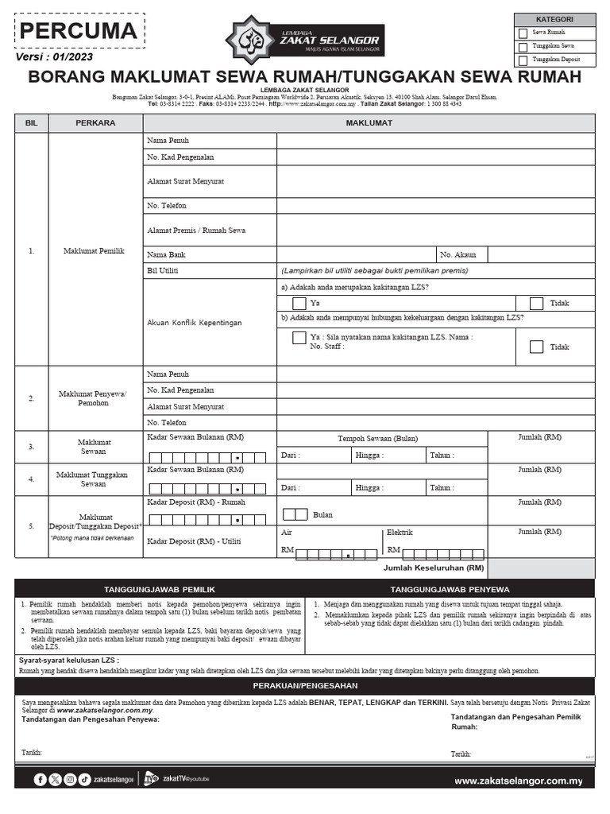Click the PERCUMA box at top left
(x=78, y=32)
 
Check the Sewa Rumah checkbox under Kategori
(x=522, y=33)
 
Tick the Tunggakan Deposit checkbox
(x=522, y=60)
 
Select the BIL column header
(x=32, y=123)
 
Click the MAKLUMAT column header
(x=368, y=123)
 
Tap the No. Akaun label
(x=458, y=255)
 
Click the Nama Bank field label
(x=166, y=255)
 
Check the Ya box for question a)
(x=299, y=303)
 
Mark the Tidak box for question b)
(x=536, y=347)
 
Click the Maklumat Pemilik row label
(x=94, y=251)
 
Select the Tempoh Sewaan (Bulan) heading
(x=377, y=438)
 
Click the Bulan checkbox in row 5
(x=295, y=514)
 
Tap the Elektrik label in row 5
(x=400, y=533)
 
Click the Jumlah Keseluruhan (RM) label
(x=433, y=568)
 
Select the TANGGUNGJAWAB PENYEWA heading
(x=450, y=589)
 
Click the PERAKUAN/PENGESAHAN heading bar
(x=305, y=685)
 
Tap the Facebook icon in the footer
(x=41, y=780)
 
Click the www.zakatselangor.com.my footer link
(x=518, y=781)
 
